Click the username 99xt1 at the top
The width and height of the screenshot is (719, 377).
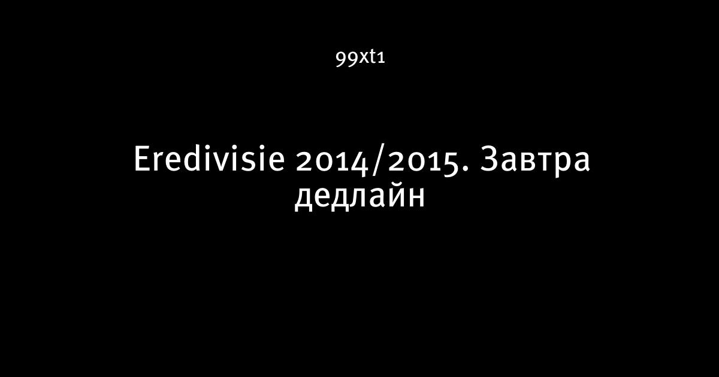pyautogui.click(x=360, y=58)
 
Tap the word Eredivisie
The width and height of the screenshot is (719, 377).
pyautogui.click(x=209, y=159)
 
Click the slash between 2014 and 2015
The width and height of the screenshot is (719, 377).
pyautogui.click(x=378, y=160)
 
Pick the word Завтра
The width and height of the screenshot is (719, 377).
pyautogui.click(x=535, y=161)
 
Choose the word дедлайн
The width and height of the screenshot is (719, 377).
pyautogui.click(x=360, y=197)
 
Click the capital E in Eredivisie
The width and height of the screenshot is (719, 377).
pyautogui.click(x=142, y=159)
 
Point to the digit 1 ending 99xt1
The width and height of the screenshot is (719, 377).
pyautogui.click(x=381, y=58)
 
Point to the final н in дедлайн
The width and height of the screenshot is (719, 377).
pyautogui.click(x=416, y=198)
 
